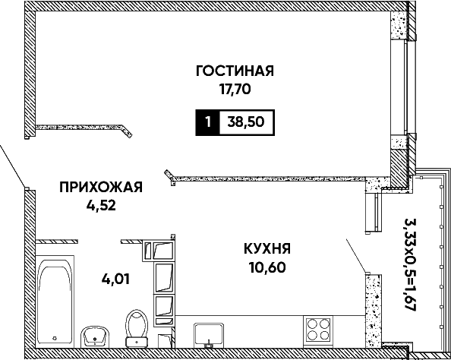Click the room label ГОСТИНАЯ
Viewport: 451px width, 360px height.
235,71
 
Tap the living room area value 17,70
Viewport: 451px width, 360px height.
235,90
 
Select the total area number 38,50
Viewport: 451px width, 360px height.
246,122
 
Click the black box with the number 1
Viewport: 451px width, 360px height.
208,122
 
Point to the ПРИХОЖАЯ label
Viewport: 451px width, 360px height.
101,187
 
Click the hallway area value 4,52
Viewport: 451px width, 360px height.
101,206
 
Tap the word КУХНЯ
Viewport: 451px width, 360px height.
267,248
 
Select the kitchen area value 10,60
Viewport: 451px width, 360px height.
267,267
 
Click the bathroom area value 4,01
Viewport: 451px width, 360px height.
115,279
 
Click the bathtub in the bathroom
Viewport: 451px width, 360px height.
55,302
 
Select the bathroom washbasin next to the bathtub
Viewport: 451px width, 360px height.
95,336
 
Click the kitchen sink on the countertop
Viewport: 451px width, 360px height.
209,335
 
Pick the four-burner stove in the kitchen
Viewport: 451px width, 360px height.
318,330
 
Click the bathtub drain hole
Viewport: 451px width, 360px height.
55,338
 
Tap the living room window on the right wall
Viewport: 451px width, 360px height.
406,87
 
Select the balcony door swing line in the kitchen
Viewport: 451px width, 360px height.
356,255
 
